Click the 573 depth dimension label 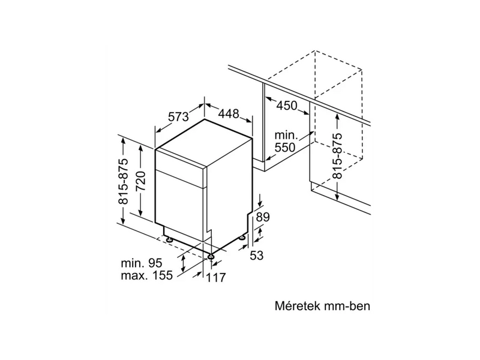click(x=179, y=117)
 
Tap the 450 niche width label click(x=287, y=106)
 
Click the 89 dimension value click(x=263, y=217)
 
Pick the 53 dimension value click(x=257, y=255)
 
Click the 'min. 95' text click(x=142, y=262)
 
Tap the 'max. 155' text click(x=146, y=275)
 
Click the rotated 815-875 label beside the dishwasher click(x=124, y=180)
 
